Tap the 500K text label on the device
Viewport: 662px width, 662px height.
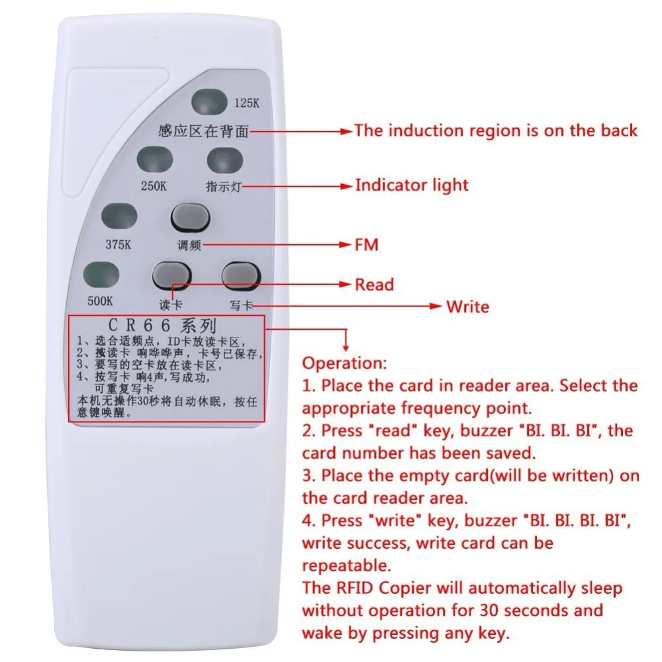(101, 301)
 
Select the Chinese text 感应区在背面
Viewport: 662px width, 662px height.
(204, 131)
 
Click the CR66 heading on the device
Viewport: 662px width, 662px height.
(162, 326)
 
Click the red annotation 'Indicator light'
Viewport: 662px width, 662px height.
(411, 185)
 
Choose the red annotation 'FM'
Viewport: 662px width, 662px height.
(367, 245)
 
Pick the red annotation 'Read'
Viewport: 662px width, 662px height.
(374, 285)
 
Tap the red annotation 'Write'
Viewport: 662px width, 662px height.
(467, 307)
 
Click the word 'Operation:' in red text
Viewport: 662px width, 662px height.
(342, 363)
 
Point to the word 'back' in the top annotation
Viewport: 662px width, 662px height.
(619, 130)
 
